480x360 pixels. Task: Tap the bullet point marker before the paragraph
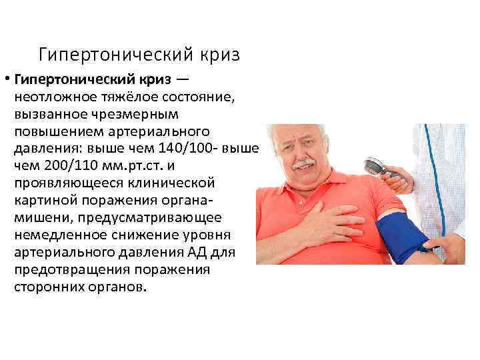tap(6, 80)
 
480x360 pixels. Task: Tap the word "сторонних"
tap(44, 287)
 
